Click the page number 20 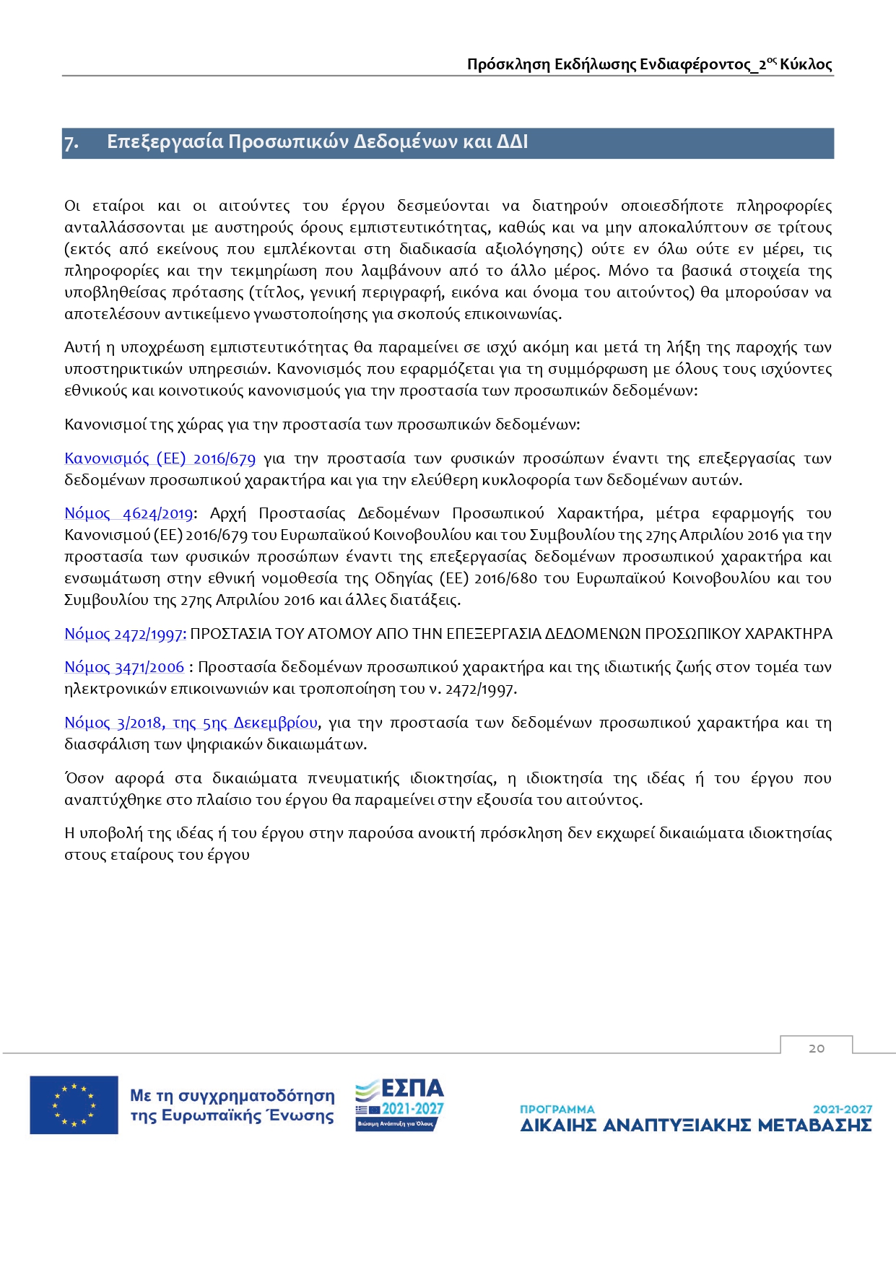pyautogui.click(x=817, y=1048)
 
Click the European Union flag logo pyautogui.click(x=74, y=1105)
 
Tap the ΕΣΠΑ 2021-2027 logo pyautogui.click(x=399, y=1105)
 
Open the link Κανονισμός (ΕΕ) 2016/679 pyautogui.click(x=160, y=458)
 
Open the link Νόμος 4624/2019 pyautogui.click(x=129, y=513)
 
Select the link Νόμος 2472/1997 pyautogui.click(x=125, y=634)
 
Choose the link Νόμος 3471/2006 pyautogui.click(x=124, y=667)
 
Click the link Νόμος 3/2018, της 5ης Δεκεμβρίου pyautogui.click(x=191, y=723)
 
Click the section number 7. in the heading pyautogui.click(x=71, y=142)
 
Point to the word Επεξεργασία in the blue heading pyautogui.click(x=165, y=141)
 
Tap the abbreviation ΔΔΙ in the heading pyautogui.click(x=513, y=141)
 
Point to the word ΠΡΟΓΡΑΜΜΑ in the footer pyautogui.click(x=557, y=1109)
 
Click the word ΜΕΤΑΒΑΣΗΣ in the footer pyautogui.click(x=815, y=1126)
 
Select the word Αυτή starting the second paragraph pyautogui.click(x=82, y=347)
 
